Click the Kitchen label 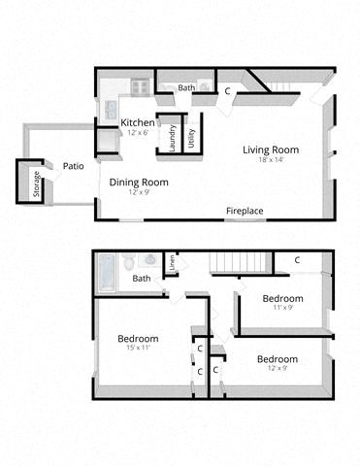pyautogui.click(x=137, y=122)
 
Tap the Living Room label pyautogui.click(x=270, y=150)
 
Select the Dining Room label pyautogui.click(x=138, y=182)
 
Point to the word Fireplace pyautogui.click(x=245, y=211)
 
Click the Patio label pyautogui.click(x=73, y=166)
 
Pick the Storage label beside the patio pyautogui.click(x=37, y=184)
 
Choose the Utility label pyautogui.click(x=191, y=137)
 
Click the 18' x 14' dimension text pyautogui.click(x=270, y=161)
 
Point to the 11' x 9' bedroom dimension pyautogui.click(x=282, y=308)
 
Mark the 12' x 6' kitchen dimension pyautogui.click(x=137, y=133)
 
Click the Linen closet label pyautogui.click(x=171, y=262)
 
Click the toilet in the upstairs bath pyautogui.click(x=147, y=260)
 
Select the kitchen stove pyautogui.click(x=140, y=86)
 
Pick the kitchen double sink pyautogui.click(x=111, y=109)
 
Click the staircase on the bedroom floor pyautogui.click(x=238, y=262)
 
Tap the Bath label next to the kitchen pyautogui.click(x=186, y=88)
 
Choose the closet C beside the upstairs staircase pyautogui.click(x=297, y=260)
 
